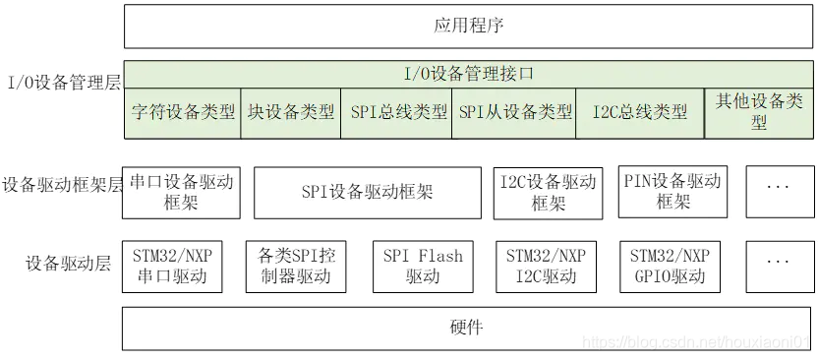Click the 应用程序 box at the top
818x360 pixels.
click(468, 26)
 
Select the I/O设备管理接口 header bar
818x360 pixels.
click(468, 74)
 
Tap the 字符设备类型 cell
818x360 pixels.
click(183, 112)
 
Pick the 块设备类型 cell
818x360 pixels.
click(290, 112)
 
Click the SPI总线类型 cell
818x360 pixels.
click(397, 112)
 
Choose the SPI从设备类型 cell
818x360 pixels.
click(514, 112)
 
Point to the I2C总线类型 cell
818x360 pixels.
click(639, 112)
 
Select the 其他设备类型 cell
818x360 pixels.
click(759, 112)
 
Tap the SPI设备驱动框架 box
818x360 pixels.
click(367, 192)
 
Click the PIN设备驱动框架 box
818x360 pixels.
click(672, 192)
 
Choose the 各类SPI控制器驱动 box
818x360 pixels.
click(296, 266)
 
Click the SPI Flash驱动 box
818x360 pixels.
click(422, 266)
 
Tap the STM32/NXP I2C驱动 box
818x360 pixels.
click(545, 266)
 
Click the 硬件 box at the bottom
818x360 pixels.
click(468, 328)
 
